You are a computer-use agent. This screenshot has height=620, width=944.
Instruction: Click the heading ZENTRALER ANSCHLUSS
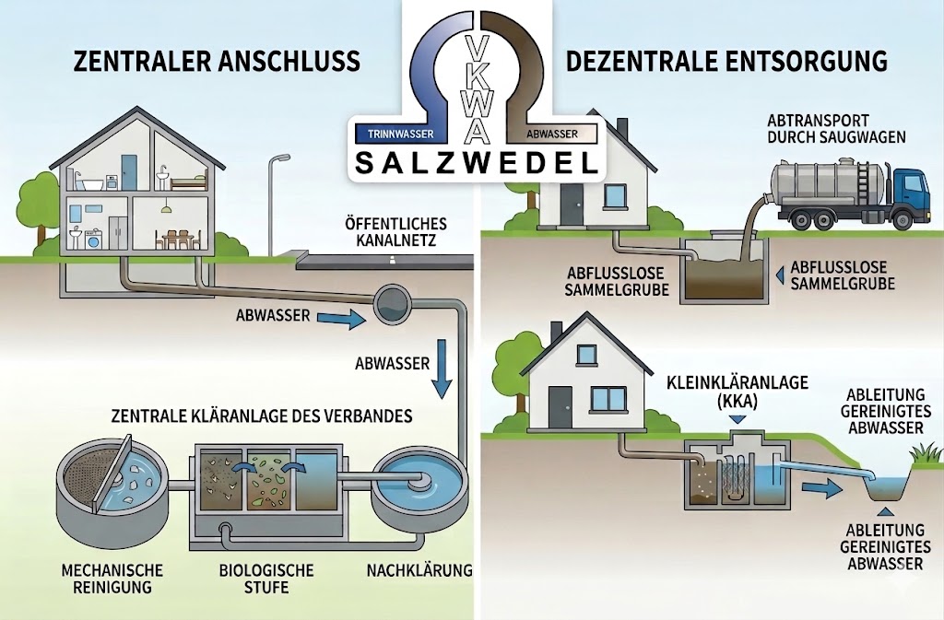click(x=217, y=62)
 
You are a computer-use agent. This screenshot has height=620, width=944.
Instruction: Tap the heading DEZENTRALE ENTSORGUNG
click(x=726, y=62)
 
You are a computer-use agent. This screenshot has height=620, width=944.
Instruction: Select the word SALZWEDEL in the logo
click(x=477, y=162)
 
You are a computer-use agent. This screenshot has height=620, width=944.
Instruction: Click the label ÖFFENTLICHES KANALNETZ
click(x=395, y=233)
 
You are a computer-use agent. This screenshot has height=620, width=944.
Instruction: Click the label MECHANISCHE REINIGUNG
click(x=112, y=578)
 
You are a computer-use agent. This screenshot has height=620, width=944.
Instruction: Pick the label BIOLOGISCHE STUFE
click(x=266, y=578)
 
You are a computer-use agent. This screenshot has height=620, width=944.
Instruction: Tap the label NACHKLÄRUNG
click(x=419, y=570)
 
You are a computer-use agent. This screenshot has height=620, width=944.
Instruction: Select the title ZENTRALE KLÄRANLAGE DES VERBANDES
click(x=262, y=415)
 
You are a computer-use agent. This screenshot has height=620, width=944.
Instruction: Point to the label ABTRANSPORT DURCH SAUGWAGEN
click(x=836, y=129)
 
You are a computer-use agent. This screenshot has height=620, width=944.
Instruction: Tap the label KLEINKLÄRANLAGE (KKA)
click(x=737, y=391)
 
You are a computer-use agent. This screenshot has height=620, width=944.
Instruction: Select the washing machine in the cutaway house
click(x=95, y=241)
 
